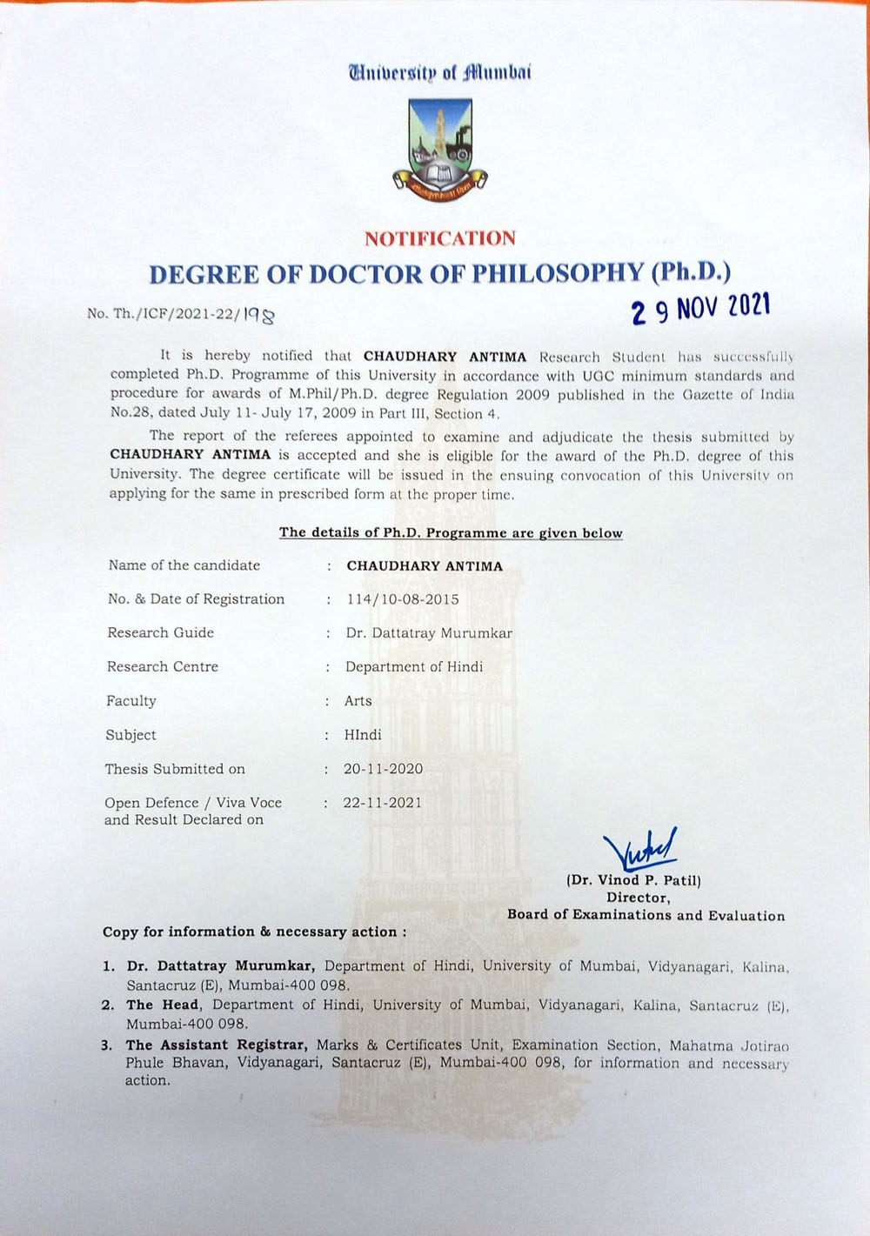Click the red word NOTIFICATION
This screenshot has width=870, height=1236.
(440, 238)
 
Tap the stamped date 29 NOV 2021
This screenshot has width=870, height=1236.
(701, 307)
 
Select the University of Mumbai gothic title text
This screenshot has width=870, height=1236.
(440, 72)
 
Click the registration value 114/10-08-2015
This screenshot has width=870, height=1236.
(402, 599)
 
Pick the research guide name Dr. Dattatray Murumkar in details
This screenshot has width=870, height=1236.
(429, 633)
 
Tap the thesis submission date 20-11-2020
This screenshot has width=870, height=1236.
(383, 769)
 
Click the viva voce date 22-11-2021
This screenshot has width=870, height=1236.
(382, 803)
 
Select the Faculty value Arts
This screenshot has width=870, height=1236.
(358, 701)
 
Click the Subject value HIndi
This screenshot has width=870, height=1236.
(363, 735)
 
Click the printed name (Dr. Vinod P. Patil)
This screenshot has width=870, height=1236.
(633, 880)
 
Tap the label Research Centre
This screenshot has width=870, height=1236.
(163, 667)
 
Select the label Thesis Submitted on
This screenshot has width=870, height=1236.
(175, 769)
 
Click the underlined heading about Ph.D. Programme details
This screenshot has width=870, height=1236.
(451, 533)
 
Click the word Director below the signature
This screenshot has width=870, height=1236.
(638, 898)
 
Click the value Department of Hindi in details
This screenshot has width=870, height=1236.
(414, 667)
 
